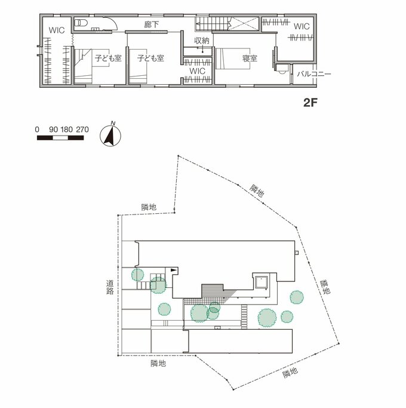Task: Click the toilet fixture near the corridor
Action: pos(81,23)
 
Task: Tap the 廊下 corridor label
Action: pos(152,24)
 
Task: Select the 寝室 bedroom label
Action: pos(250,59)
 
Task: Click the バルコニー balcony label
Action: pos(314,74)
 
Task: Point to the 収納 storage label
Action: pos(202,41)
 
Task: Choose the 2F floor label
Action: pos(310,103)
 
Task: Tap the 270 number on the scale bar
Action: pos(82,129)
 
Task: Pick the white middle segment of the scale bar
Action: pos(60,137)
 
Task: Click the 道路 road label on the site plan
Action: pos(110,287)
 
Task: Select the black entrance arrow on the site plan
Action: pos(174,270)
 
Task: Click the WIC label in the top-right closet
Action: pos(302,26)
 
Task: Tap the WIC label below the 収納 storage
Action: pos(198,70)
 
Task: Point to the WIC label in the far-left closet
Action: pos(57,30)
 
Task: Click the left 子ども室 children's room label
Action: pos(108,58)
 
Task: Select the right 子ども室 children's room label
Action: pos(150,58)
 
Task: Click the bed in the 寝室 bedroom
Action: pos(233,59)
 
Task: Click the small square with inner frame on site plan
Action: pos(261,283)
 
